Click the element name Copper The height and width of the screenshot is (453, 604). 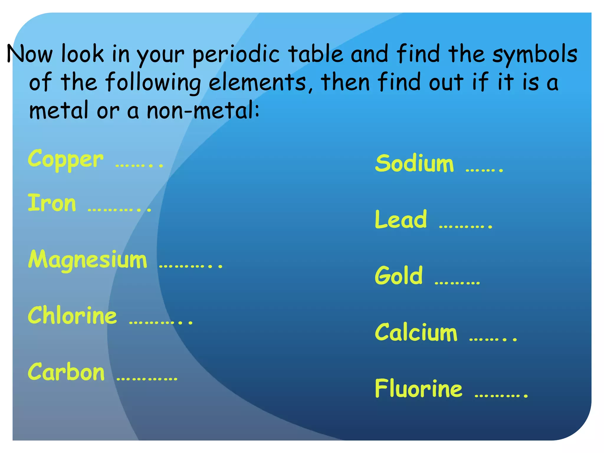coord(65,160)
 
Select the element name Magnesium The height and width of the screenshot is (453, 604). coord(88,260)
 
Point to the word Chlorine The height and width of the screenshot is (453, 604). coord(72,315)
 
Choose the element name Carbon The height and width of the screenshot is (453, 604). coord(66,372)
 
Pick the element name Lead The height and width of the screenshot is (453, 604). coord(401,219)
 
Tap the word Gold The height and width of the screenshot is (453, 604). coord(399,275)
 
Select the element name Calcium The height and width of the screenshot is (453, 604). coord(416,332)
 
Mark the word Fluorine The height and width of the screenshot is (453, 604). coord(418,388)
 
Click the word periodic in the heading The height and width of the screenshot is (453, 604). coord(236,55)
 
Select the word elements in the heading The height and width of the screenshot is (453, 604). coord(257,83)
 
